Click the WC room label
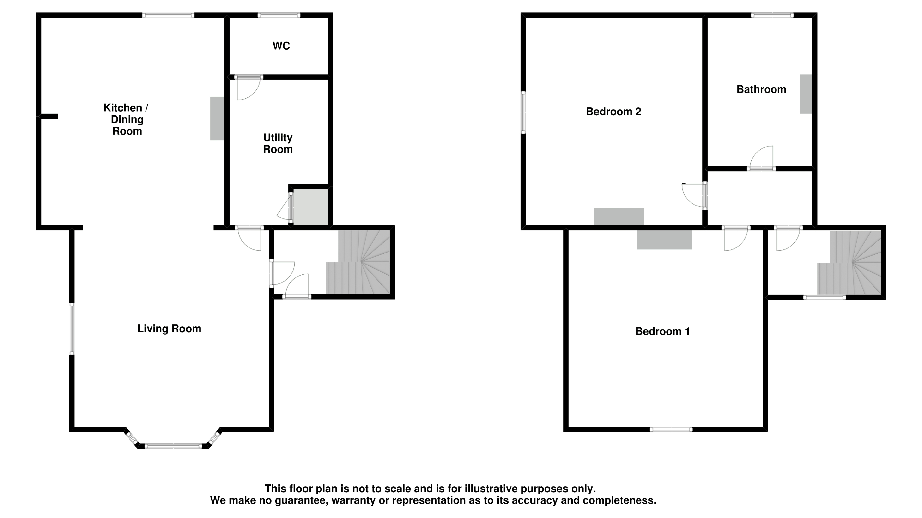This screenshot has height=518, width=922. point(281,46)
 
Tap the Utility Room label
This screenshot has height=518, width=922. point(278,143)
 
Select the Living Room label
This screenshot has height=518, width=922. point(169,329)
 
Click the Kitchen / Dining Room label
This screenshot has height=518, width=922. point(126,119)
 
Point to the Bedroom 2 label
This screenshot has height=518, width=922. point(613,112)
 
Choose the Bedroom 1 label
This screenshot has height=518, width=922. point(662,331)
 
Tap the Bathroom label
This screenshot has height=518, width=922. point(761,89)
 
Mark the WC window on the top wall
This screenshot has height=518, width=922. point(279,15)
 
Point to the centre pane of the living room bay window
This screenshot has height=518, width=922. point(173,446)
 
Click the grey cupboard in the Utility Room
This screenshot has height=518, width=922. point(310,207)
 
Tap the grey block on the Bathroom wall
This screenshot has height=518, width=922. point(806,94)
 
